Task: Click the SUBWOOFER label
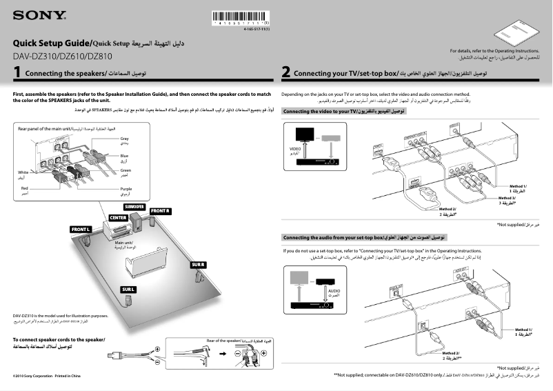point(134,207)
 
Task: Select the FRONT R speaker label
point(160,210)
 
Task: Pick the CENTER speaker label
point(118,218)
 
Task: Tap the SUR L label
point(128,289)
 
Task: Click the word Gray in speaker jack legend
point(125,139)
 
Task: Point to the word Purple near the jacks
point(126,188)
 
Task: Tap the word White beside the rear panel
point(23,172)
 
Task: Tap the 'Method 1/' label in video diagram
point(518,187)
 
